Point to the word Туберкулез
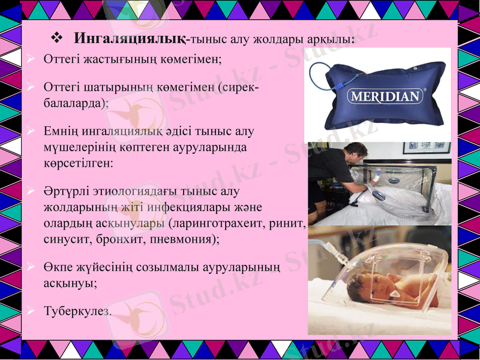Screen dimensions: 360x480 pos(77,311)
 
